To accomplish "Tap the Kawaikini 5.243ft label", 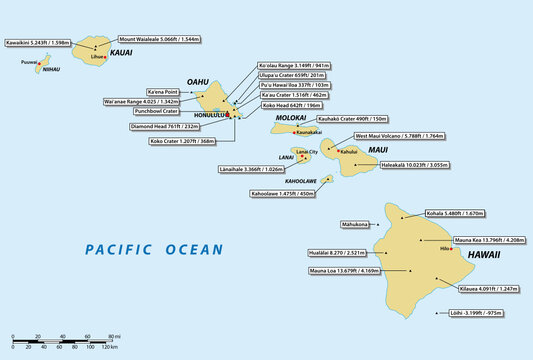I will (x=37, y=43).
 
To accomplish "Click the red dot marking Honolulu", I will (x=228, y=116).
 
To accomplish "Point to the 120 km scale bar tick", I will (x=117, y=345).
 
